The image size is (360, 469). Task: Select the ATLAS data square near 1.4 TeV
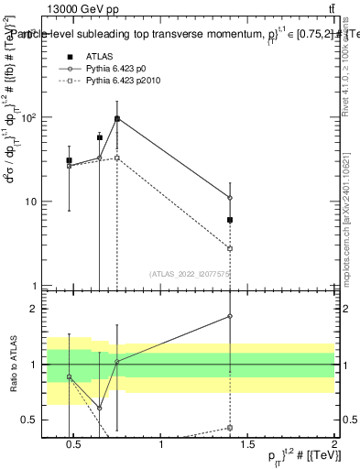[x=230, y=220]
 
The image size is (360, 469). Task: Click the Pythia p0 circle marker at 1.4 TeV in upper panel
[x=230, y=198]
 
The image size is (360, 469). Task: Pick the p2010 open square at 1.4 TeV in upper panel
[x=230, y=248]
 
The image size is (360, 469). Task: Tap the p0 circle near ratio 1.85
[x=230, y=316]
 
